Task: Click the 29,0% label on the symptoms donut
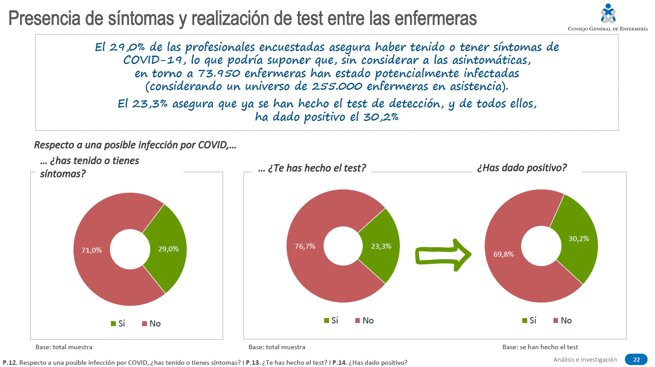[168, 249]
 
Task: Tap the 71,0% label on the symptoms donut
[91, 250]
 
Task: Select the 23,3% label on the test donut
[381, 246]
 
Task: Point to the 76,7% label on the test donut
[305, 246]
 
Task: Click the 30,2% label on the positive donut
[578, 239]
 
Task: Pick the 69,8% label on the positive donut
[504, 254]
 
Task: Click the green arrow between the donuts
[442, 255]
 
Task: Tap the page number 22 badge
[636, 359]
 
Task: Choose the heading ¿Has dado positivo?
[522, 168]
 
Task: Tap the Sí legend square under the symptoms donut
[114, 323]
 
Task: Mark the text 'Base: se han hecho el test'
[540, 347]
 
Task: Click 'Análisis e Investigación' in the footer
[585, 359]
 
